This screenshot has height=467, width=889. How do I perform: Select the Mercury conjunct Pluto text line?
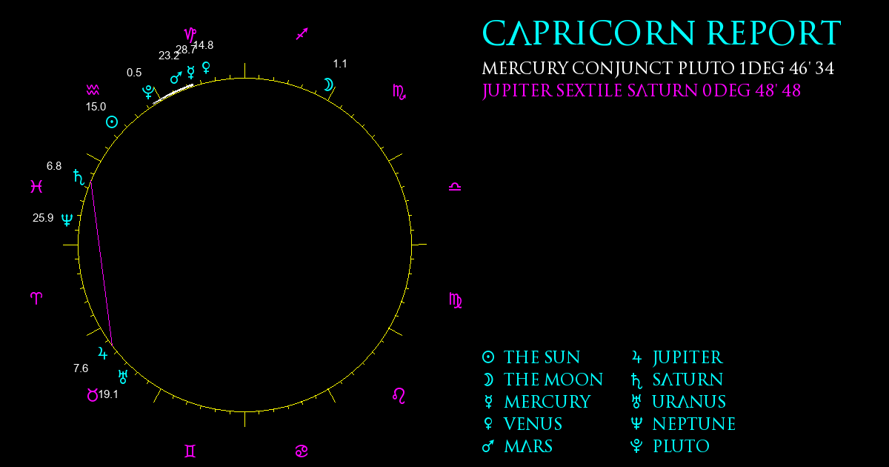658,68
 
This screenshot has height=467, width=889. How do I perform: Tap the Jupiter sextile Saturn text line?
642,90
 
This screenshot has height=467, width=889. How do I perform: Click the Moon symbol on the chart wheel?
329,85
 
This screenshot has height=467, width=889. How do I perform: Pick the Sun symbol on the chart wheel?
112,122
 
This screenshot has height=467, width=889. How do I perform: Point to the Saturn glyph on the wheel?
79,177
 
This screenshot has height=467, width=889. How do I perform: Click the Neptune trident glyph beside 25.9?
67,219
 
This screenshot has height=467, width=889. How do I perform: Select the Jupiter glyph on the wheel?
102,353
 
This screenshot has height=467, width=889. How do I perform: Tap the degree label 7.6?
81,368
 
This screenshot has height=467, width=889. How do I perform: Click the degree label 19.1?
108,394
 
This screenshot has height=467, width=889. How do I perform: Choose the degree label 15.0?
96,107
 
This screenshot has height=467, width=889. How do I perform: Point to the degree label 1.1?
340,64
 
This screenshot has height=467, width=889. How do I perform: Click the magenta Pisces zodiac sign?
36,186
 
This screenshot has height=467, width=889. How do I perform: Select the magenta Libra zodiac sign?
455,187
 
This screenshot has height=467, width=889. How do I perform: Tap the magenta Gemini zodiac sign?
190,451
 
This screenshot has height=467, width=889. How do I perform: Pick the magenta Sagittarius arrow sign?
302,34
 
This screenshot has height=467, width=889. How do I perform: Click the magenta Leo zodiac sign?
399,396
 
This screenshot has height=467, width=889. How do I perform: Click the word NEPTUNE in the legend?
694,424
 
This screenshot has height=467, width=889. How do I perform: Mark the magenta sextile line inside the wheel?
102,264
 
